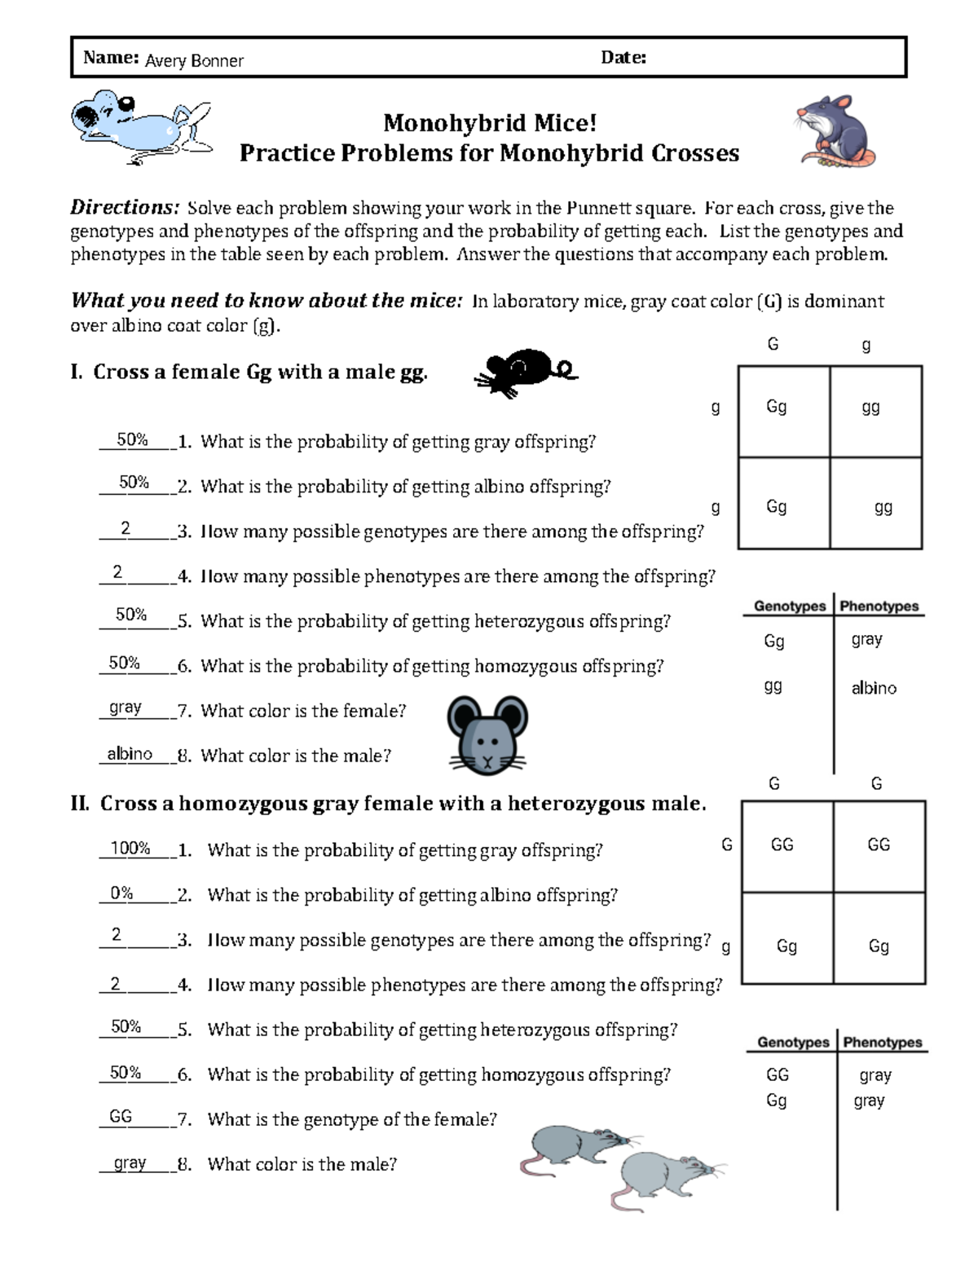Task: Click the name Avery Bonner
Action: click(194, 60)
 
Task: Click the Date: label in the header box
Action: click(623, 57)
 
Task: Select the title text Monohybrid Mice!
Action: click(490, 123)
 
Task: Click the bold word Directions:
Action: click(124, 207)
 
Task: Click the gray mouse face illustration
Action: click(487, 734)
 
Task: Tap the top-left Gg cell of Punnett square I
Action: click(776, 406)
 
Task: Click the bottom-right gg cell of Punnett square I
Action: click(883, 507)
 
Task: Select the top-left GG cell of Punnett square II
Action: click(782, 845)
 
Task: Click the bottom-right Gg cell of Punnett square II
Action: click(879, 946)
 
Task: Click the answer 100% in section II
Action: click(130, 849)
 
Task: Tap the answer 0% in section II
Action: click(121, 893)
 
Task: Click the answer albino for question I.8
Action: click(130, 754)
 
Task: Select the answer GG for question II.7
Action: click(121, 1117)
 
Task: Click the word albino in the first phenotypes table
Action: click(874, 688)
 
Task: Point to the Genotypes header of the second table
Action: click(792, 1042)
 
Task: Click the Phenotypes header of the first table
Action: click(879, 606)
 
